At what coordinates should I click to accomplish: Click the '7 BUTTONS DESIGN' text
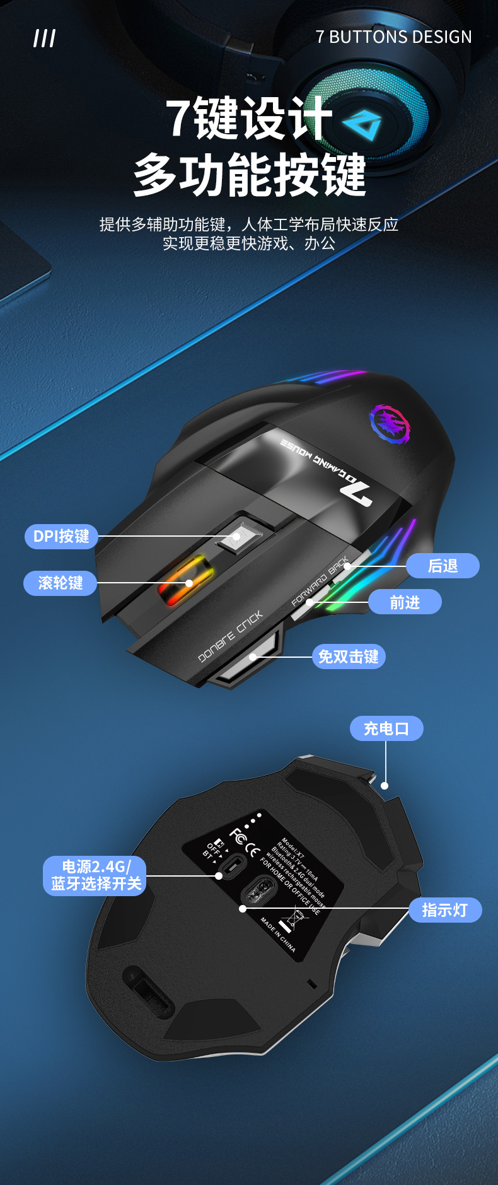pyautogui.click(x=393, y=37)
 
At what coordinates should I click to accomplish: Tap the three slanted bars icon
pyautogui.click(x=44, y=38)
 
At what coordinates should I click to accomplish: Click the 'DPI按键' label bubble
pyautogui.click(x=61, y=536)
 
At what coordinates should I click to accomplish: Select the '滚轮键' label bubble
pyautogui.click(x=61, y=583)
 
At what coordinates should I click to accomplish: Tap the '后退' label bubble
pyautogui.click(x=443, y=566)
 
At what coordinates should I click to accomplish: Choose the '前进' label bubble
pyautogui.click(x=405, y=602)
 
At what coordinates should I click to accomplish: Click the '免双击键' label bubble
pyautogui.click(x=348, y=657)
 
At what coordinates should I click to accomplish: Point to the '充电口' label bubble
pyautogui.click(x=386, y=728)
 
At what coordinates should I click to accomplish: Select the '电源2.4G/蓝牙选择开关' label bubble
pyautogui.click(x=95, y=875)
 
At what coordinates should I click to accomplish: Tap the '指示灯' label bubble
pyautogui.click(x=445, y=910)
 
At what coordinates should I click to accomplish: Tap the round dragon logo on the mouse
pyautogui.click(x=389, y=422)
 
